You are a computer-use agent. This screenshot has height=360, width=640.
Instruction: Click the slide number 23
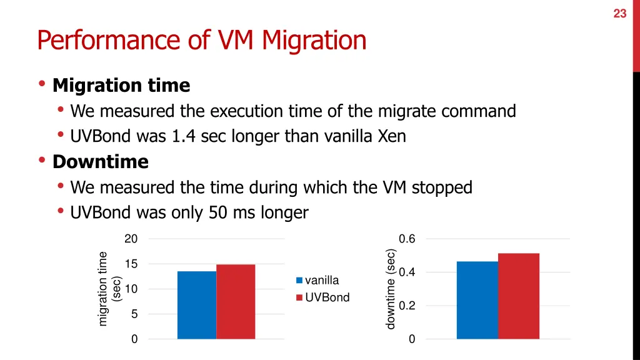pyautogui.click(x=619, y=13)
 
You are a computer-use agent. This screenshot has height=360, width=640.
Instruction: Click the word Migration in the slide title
pyautogui.click(x=314, y=41)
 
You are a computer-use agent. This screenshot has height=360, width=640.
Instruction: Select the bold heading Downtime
pyautogui.click(x=101, y=162)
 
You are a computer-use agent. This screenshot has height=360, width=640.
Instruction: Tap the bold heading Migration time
pyautogui.click(x=121, y=85)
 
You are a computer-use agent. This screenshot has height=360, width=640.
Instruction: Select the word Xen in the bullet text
pyautogui.click(x=392, y=136)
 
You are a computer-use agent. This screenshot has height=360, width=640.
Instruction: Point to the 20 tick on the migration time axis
pyautogui.click(x=131, y=239)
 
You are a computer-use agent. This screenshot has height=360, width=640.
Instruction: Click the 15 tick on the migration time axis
pyautogui.click(x=131, y=264)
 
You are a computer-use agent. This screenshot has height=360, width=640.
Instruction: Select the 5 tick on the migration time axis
pyautogui.click(x=134, y=314)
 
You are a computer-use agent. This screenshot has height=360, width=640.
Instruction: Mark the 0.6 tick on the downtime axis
pyautogui.click(x=407, y=239)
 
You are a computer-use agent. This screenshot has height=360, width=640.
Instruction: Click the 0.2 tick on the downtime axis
pyautogui.click(x=407, y=306)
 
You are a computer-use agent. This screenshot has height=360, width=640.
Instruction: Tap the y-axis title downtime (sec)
pyautogui.click(x=391, y=289)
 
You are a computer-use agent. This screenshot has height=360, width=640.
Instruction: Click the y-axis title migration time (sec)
pyautogui.click(x=109, y=288)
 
